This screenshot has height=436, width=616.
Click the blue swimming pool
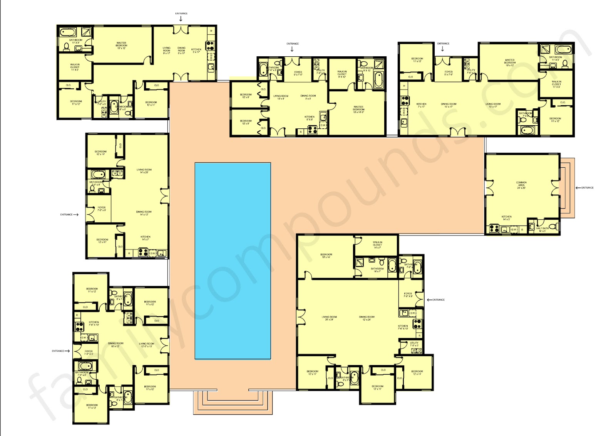(x=233, y=261)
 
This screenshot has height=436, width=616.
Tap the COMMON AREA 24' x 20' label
(x=521, y=185)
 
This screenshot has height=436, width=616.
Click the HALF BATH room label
(x=542, y=229)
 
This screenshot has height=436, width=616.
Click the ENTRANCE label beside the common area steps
(x=587, y=188)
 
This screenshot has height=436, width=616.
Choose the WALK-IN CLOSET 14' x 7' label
(x=377, y=245)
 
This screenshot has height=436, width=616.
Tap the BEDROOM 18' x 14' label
(x=326, y=256)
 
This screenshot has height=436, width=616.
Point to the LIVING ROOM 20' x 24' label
(x=329, y=318)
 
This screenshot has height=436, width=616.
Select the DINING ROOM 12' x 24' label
(x=367, y=318)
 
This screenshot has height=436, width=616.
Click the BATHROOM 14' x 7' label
(x=377, y=270)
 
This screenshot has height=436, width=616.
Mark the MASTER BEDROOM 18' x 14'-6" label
(x=358, y=109)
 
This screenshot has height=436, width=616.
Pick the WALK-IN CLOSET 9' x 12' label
(x=342, y=74)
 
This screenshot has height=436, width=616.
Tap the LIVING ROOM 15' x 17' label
(x=493, y=105)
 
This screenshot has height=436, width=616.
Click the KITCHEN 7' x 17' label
(x=422, y=105)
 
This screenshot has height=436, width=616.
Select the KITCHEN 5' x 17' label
(x=196, y=51)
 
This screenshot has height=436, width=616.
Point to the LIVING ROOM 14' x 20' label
(x=144, y=171)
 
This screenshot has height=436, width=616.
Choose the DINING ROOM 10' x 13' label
(x=115, y=345)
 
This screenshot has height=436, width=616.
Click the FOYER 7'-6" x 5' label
(x=89, y=352)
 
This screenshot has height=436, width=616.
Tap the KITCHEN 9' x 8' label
(x=310, y=118)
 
